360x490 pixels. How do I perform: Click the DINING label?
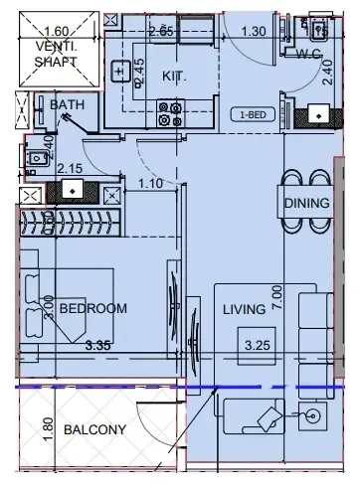[305, 204]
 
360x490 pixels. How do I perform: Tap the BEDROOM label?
[92, 309]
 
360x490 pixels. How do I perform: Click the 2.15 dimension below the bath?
[68, 169]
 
